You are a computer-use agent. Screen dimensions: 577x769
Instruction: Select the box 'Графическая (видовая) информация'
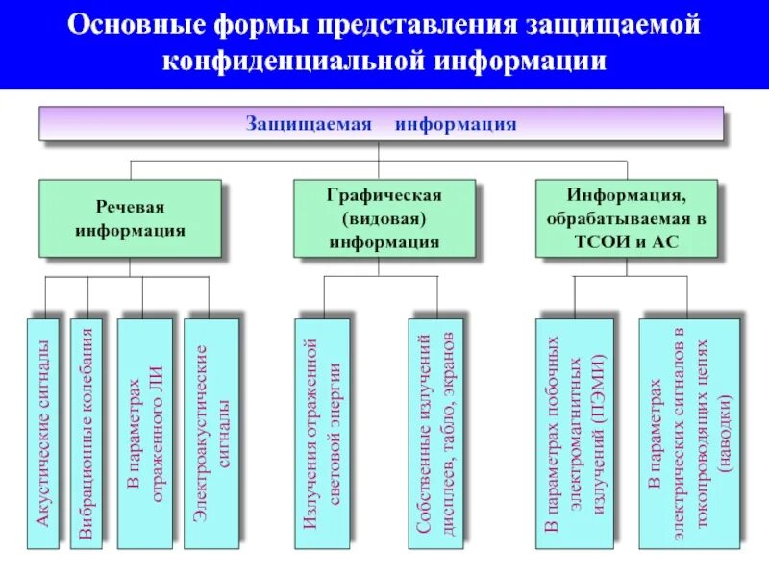(x=384, y=218)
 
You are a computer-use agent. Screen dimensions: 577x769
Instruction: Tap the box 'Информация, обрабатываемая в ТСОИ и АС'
(x=626, y=218)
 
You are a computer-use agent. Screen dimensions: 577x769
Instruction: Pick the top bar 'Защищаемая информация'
(x=381, y=124)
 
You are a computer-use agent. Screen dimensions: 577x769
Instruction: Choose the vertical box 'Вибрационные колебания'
(x=87, y=433)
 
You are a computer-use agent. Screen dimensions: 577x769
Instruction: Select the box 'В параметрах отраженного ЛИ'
(x=144, y=433)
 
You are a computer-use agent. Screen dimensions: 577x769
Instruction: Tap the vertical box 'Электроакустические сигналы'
(x=211, y=433)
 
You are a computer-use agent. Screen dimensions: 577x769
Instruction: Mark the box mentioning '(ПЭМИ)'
(x=575, y=433)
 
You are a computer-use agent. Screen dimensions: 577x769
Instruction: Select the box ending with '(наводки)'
(x=688, y=433)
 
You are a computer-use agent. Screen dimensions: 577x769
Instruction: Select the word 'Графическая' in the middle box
(x=384, y=195)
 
